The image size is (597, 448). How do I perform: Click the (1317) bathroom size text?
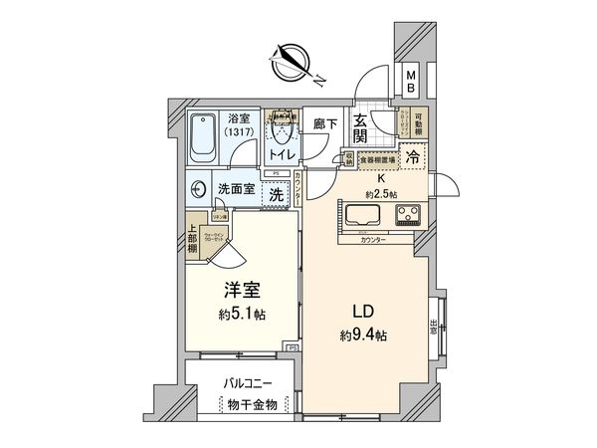tap(239, 131)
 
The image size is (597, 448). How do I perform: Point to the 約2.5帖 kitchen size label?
tap(382, 193)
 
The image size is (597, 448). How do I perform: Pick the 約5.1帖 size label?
tap(244, 314)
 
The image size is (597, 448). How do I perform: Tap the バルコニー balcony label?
tap(245, 381)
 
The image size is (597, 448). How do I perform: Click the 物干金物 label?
tap(245, 404)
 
